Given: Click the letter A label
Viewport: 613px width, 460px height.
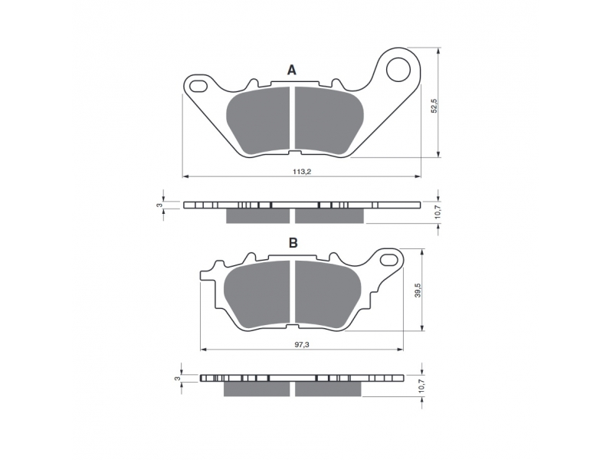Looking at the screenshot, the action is click(292, 70).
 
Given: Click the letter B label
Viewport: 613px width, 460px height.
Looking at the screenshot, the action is click(293, 243).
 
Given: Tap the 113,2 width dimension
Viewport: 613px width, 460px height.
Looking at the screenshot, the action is click(302, 171).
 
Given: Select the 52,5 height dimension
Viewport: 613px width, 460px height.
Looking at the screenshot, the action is click(434, 106).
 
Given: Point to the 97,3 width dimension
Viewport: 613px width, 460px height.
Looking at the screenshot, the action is click(301, 343).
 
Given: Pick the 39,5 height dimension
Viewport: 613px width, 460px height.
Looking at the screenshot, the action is click(418, 290).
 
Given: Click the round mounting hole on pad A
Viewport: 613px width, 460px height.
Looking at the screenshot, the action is click(398, 70).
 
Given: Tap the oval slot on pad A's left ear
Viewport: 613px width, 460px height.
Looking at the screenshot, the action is click(198, 85).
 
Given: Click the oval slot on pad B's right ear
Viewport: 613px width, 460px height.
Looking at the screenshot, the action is click(389, 258).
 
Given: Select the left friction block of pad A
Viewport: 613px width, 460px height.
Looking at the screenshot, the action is click(259, 120).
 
